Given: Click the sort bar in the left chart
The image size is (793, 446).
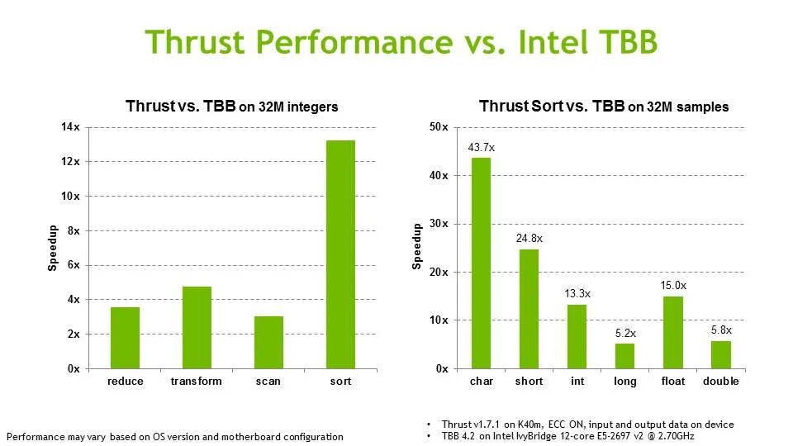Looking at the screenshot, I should click(340, 254).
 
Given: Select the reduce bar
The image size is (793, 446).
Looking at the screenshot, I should click(126, 338).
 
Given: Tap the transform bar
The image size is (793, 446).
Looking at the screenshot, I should click(197, 327).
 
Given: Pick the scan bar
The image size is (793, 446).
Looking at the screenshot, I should click(268, 342).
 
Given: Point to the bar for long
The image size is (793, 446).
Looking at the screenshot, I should click(625, 356).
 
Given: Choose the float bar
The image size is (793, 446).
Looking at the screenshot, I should click(673, 332).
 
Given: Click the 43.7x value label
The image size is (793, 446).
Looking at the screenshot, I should click(481, 147).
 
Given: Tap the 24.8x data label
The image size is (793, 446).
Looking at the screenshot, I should click(529, 239).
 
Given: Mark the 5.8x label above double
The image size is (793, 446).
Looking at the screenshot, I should click(721, 330).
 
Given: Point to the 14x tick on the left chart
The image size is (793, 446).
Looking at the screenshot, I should click(71, 127).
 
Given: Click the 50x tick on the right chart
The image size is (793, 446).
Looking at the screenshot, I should click(439, 127).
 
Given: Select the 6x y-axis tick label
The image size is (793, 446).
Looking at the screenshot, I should click(73, 265).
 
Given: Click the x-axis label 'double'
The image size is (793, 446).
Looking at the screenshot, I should click(721, 382).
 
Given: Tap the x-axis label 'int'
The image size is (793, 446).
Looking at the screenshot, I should click(577, 382).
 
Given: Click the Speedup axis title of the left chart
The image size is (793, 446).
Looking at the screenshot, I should click(53, 248).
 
